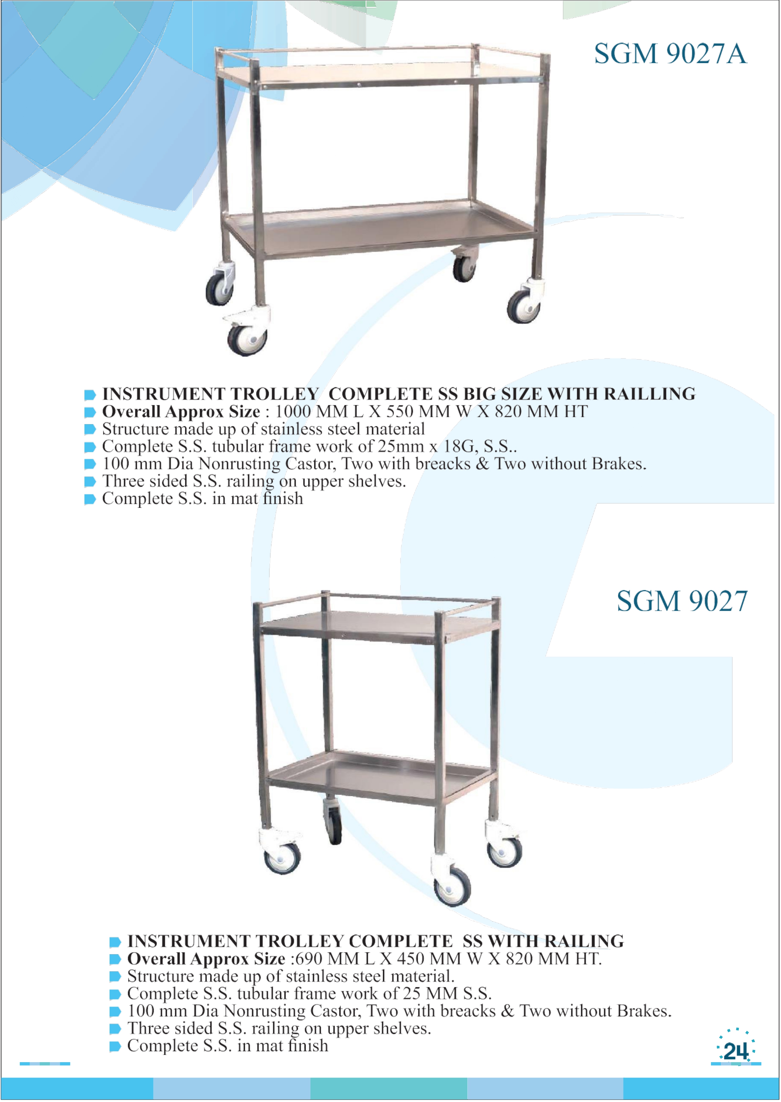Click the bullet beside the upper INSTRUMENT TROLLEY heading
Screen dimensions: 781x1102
pyautogui.click(x=90, y=395)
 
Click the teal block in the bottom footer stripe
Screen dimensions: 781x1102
pyautogui.click(x=389, y=1088)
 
